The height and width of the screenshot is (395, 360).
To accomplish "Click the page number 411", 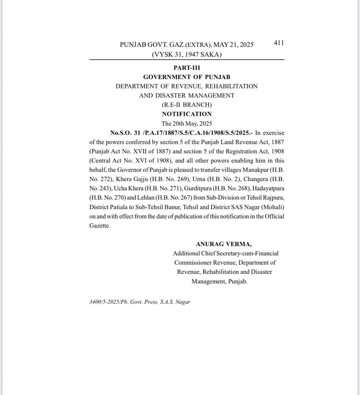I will (x=279, y=43).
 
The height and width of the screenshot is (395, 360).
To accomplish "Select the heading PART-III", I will (x=187, y=68).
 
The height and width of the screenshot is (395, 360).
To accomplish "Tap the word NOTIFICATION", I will (x=187, y=114).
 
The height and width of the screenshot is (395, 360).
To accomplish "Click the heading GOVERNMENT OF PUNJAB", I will (x=187, y=77).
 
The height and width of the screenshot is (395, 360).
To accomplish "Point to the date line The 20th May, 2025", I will (x=187, y=123).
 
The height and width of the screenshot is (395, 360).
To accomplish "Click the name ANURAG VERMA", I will (x=224, y=244).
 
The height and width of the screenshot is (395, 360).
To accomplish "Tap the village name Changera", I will (x=256, y=179).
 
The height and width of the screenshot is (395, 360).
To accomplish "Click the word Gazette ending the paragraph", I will (x=99, y=226).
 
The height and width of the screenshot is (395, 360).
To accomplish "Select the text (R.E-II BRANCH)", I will (x=187, y=105).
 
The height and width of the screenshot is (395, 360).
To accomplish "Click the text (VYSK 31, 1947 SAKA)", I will (x=187, y=54).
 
